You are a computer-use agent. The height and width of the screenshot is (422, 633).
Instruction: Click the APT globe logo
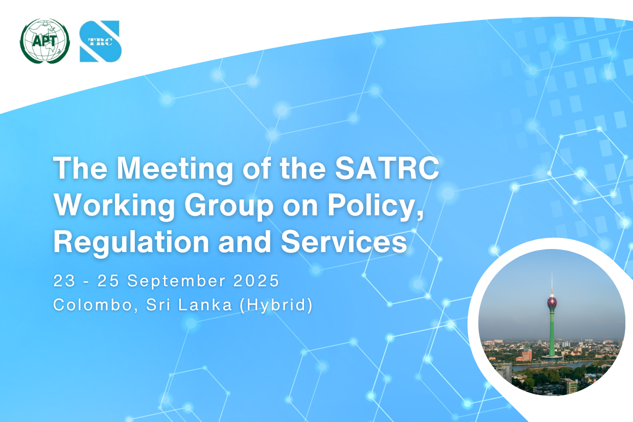point(44,41)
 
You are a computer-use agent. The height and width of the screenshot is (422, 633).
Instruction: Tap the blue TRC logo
point(101,41)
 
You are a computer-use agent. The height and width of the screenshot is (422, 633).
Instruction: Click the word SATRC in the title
point(387,168)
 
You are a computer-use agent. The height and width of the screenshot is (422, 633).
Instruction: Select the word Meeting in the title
point(175,169)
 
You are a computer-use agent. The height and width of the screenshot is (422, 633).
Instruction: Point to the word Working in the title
point(114,205)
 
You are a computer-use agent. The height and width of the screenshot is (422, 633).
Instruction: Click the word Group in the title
point(229,205)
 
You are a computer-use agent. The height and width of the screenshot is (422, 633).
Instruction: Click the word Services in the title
point(344,241)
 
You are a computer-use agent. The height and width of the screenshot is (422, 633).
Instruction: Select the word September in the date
point(176,281)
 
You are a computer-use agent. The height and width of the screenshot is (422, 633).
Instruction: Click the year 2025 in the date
point(256,281)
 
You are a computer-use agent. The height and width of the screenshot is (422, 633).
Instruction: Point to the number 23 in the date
point(64,281)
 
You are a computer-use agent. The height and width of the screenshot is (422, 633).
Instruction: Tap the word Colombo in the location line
point(92,305)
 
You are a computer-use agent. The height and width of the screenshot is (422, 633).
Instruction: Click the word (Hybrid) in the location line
point(276,305)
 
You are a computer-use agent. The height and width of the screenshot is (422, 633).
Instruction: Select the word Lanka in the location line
point(205,305)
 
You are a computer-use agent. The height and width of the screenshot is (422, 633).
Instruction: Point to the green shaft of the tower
point(552,333)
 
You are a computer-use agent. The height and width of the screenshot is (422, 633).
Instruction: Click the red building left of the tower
point(526,355)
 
